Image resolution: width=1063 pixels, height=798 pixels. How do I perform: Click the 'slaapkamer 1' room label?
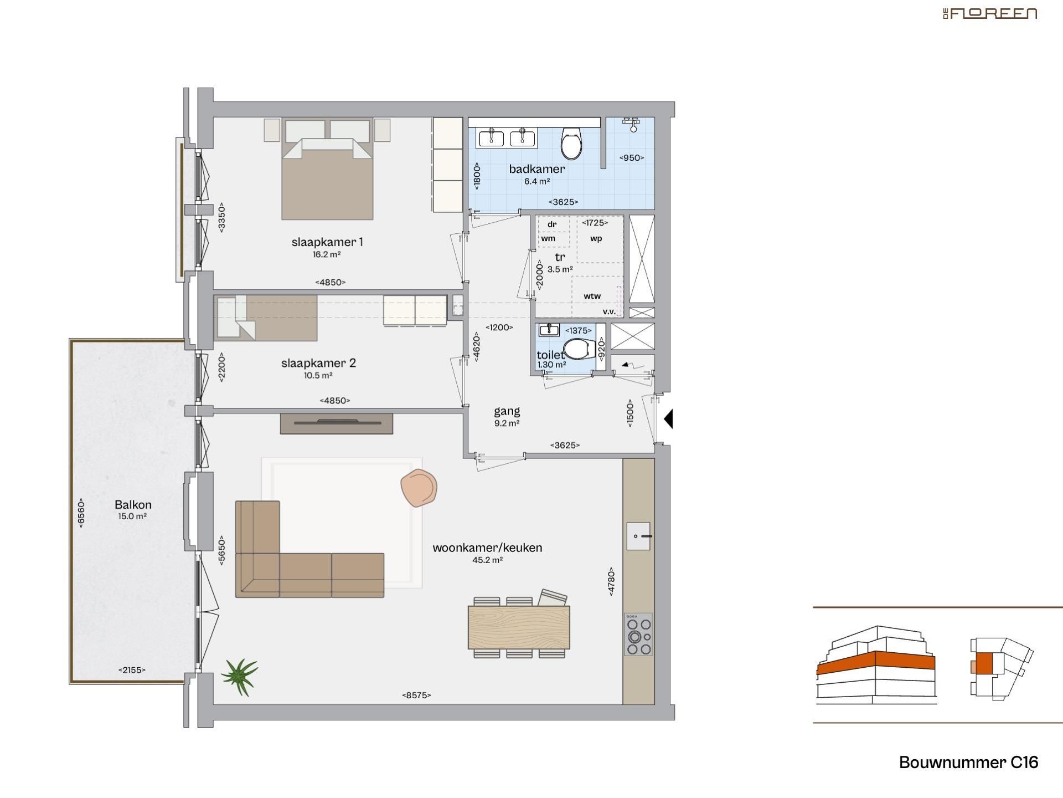point(327,242)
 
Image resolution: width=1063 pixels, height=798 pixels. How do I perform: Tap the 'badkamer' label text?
point(536,169)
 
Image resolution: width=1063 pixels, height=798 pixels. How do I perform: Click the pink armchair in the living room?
point(419,487)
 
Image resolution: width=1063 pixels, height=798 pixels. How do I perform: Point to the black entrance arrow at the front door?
point(668,419)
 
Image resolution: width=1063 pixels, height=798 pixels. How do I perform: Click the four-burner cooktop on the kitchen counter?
point(638,635)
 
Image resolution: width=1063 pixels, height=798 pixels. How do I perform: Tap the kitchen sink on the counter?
point(638,536)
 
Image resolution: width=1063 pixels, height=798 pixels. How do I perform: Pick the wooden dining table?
point(519,627)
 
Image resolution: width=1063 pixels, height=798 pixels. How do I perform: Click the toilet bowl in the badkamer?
point(571,142)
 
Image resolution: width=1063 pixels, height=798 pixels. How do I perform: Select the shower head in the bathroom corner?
point(632,124)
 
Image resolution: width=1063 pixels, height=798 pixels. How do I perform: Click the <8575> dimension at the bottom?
point(416,695)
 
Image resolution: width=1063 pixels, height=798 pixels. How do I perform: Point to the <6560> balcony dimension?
point(81,513)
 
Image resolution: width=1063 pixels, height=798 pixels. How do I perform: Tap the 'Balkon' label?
point(133,505)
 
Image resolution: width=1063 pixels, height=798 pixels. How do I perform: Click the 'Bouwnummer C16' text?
point(968,763)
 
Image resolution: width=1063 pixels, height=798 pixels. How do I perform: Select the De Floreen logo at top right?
point(990,14)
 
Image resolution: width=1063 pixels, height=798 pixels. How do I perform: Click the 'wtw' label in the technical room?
point(592,296)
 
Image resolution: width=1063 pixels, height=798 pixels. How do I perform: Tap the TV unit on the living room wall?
point(337,423)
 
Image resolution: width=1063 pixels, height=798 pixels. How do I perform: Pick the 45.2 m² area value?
point(487,560)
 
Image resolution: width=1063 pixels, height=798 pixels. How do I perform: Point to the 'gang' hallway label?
point(507,411)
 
